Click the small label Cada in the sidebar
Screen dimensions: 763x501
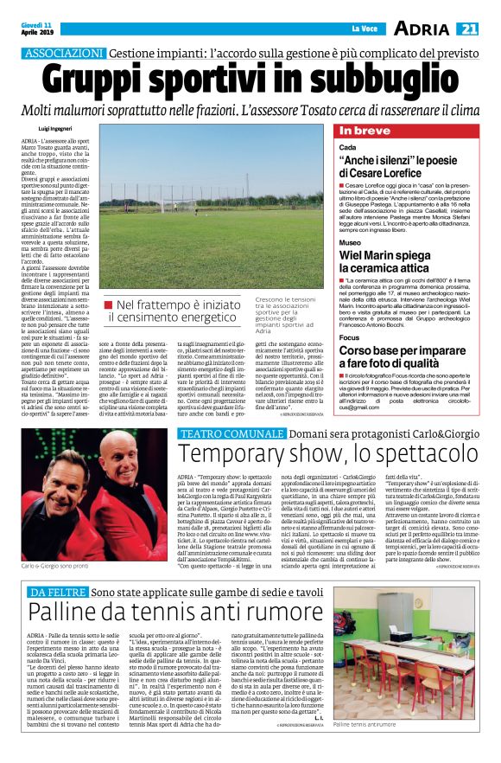point(348,149)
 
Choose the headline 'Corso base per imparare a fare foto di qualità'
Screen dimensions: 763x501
point(403,356)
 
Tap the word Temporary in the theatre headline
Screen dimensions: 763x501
point(236,452)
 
